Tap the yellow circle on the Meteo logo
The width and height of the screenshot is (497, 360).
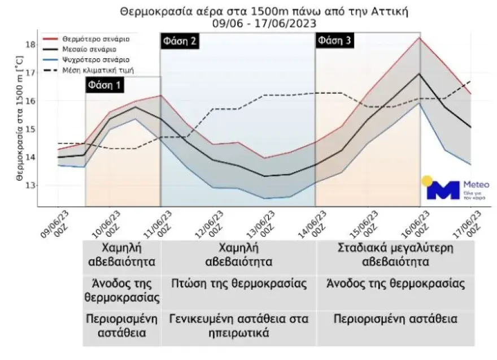click(x=428, y=181)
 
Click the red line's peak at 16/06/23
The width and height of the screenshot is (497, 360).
click(x=420, y=38)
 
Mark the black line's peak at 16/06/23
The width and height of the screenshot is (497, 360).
click(x=419, y=74)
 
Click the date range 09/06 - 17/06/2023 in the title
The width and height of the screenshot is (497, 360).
click(x=264, y=23)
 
